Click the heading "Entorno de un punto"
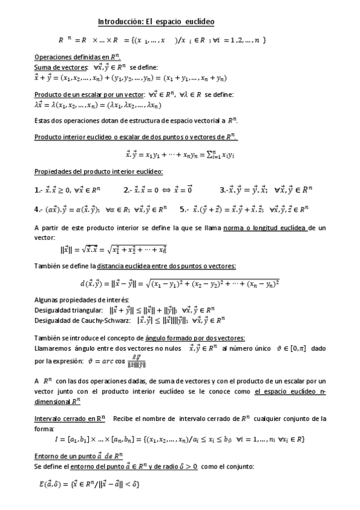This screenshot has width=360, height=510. click(x=79, y=456)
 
